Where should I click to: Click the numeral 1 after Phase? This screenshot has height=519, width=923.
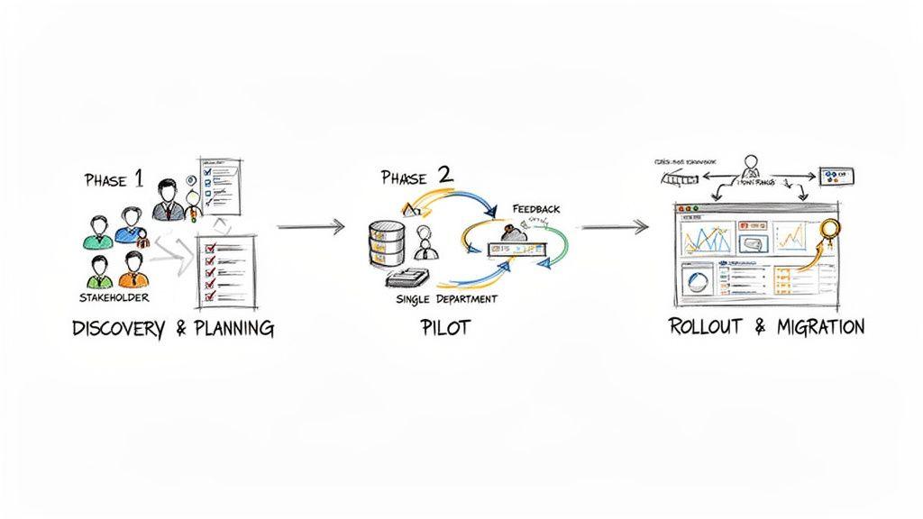(137, 178)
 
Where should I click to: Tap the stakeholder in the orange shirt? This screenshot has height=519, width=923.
(133, 269)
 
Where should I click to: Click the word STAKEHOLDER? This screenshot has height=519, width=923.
(114, 296)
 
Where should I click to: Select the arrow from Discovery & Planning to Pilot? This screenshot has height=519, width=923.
(310, 226)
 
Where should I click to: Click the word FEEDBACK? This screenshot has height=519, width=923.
(536, 208)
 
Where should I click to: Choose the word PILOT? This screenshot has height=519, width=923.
(444, 327)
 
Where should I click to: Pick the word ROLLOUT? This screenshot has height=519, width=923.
(707, 326)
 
